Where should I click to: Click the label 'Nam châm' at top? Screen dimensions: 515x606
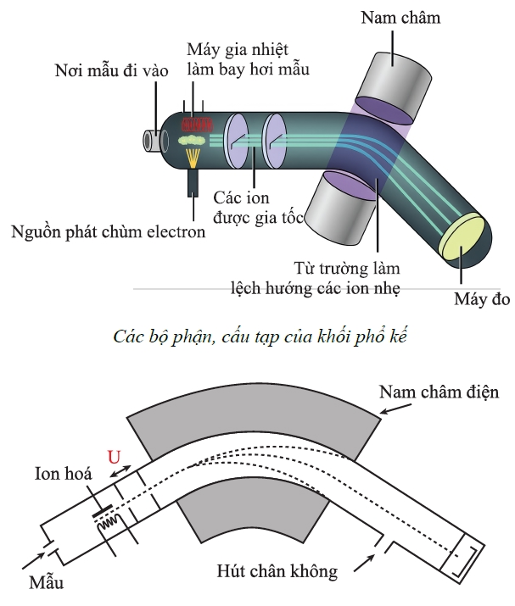pyautogui.click(x=400, y=18)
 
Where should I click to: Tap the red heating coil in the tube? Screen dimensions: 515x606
pyautogui.click(x=198, y=125)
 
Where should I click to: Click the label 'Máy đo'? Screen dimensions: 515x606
pyautogui.click(x=482, y=298)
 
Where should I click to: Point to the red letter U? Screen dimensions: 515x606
pyautogui.click(x=114, y=457)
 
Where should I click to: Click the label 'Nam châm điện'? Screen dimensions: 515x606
pyautogui.click(x=439, y=392)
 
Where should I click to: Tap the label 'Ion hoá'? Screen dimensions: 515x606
pyautogui.click(x=64, y=474)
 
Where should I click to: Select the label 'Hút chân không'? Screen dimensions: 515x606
pyautogui.click(x=277, y=571)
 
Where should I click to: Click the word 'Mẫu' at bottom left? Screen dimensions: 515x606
pyautogui.click(x=46, y=582)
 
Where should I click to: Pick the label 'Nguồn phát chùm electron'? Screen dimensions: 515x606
pyautogui.click(x=109, y=232)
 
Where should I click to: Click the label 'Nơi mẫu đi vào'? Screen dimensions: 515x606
pyautogui.click(x=111, y=70)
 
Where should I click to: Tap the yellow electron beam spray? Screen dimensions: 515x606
pyautogui.click(x=193, y=158)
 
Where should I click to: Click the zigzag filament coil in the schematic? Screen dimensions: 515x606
pyautogui.click(x=109, y=523)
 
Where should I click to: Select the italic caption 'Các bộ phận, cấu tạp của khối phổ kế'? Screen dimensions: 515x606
pyautogui.click(x=260, y=337)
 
